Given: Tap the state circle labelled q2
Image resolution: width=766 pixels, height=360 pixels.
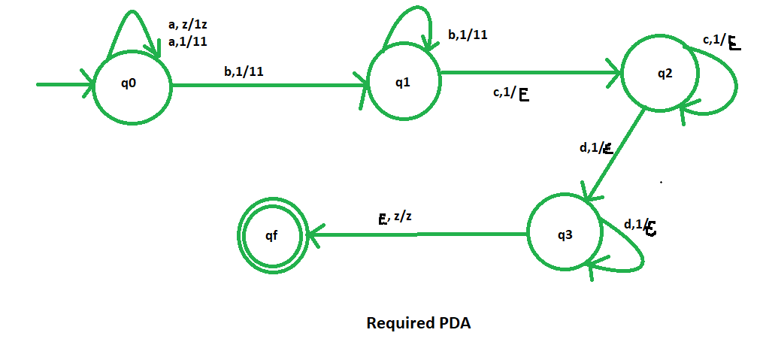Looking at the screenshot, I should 663,74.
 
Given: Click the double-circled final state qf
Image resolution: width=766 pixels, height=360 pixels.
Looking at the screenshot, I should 271,234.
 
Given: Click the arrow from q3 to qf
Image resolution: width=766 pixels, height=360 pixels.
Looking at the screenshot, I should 417,234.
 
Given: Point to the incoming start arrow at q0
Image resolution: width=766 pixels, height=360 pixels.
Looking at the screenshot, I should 65,84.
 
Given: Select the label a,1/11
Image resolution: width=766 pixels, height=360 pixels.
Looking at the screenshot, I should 188,41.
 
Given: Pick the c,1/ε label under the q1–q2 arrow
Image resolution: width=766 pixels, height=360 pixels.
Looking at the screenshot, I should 510,93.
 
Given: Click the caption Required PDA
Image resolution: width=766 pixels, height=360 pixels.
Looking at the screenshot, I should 418,324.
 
